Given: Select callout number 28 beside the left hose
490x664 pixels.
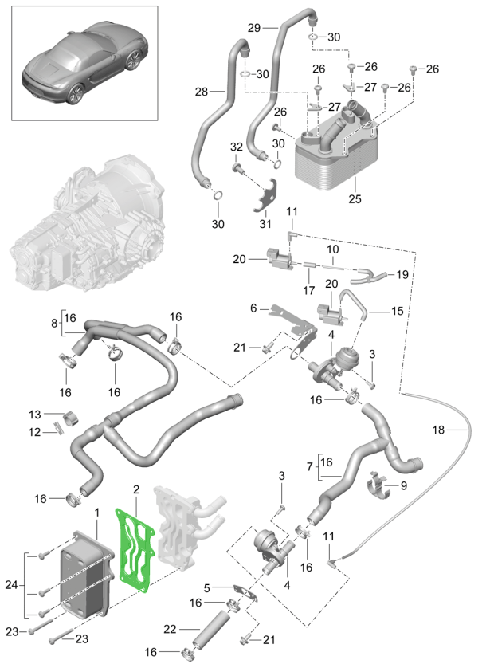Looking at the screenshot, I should (202, 92).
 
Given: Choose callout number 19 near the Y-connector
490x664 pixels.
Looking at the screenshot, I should (402, 274).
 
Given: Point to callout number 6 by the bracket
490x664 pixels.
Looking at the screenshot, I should (254, 307).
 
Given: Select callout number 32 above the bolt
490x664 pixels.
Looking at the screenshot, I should (236, 148).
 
